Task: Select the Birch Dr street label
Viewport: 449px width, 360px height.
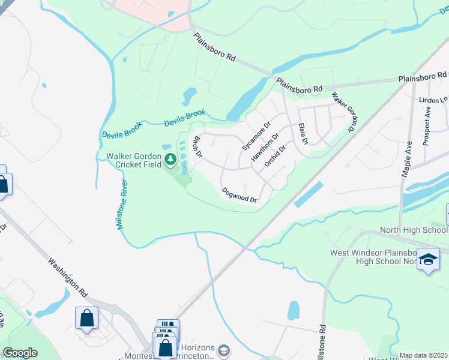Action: [196, 147]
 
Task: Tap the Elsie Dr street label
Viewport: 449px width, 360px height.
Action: [303, 134]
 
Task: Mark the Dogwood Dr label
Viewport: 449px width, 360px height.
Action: [240, 195]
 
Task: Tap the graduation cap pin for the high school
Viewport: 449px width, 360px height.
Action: [429, 259]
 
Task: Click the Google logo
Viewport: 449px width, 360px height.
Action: [20, 353]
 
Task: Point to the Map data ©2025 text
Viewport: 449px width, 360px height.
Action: [423, 355]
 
